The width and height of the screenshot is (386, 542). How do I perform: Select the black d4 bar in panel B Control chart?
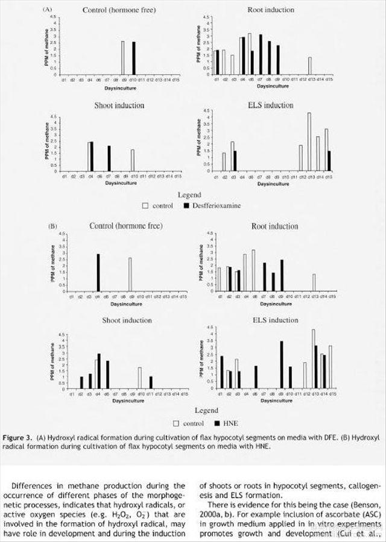tap(98, 272)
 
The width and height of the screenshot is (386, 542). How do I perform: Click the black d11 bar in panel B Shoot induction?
tap(151, 383)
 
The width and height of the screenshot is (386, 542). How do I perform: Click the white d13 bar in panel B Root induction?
tap(314, 282)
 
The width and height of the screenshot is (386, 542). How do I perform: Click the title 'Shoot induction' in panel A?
tap(120, 105)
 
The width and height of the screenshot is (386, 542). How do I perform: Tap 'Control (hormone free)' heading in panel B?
tap(119, 227)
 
